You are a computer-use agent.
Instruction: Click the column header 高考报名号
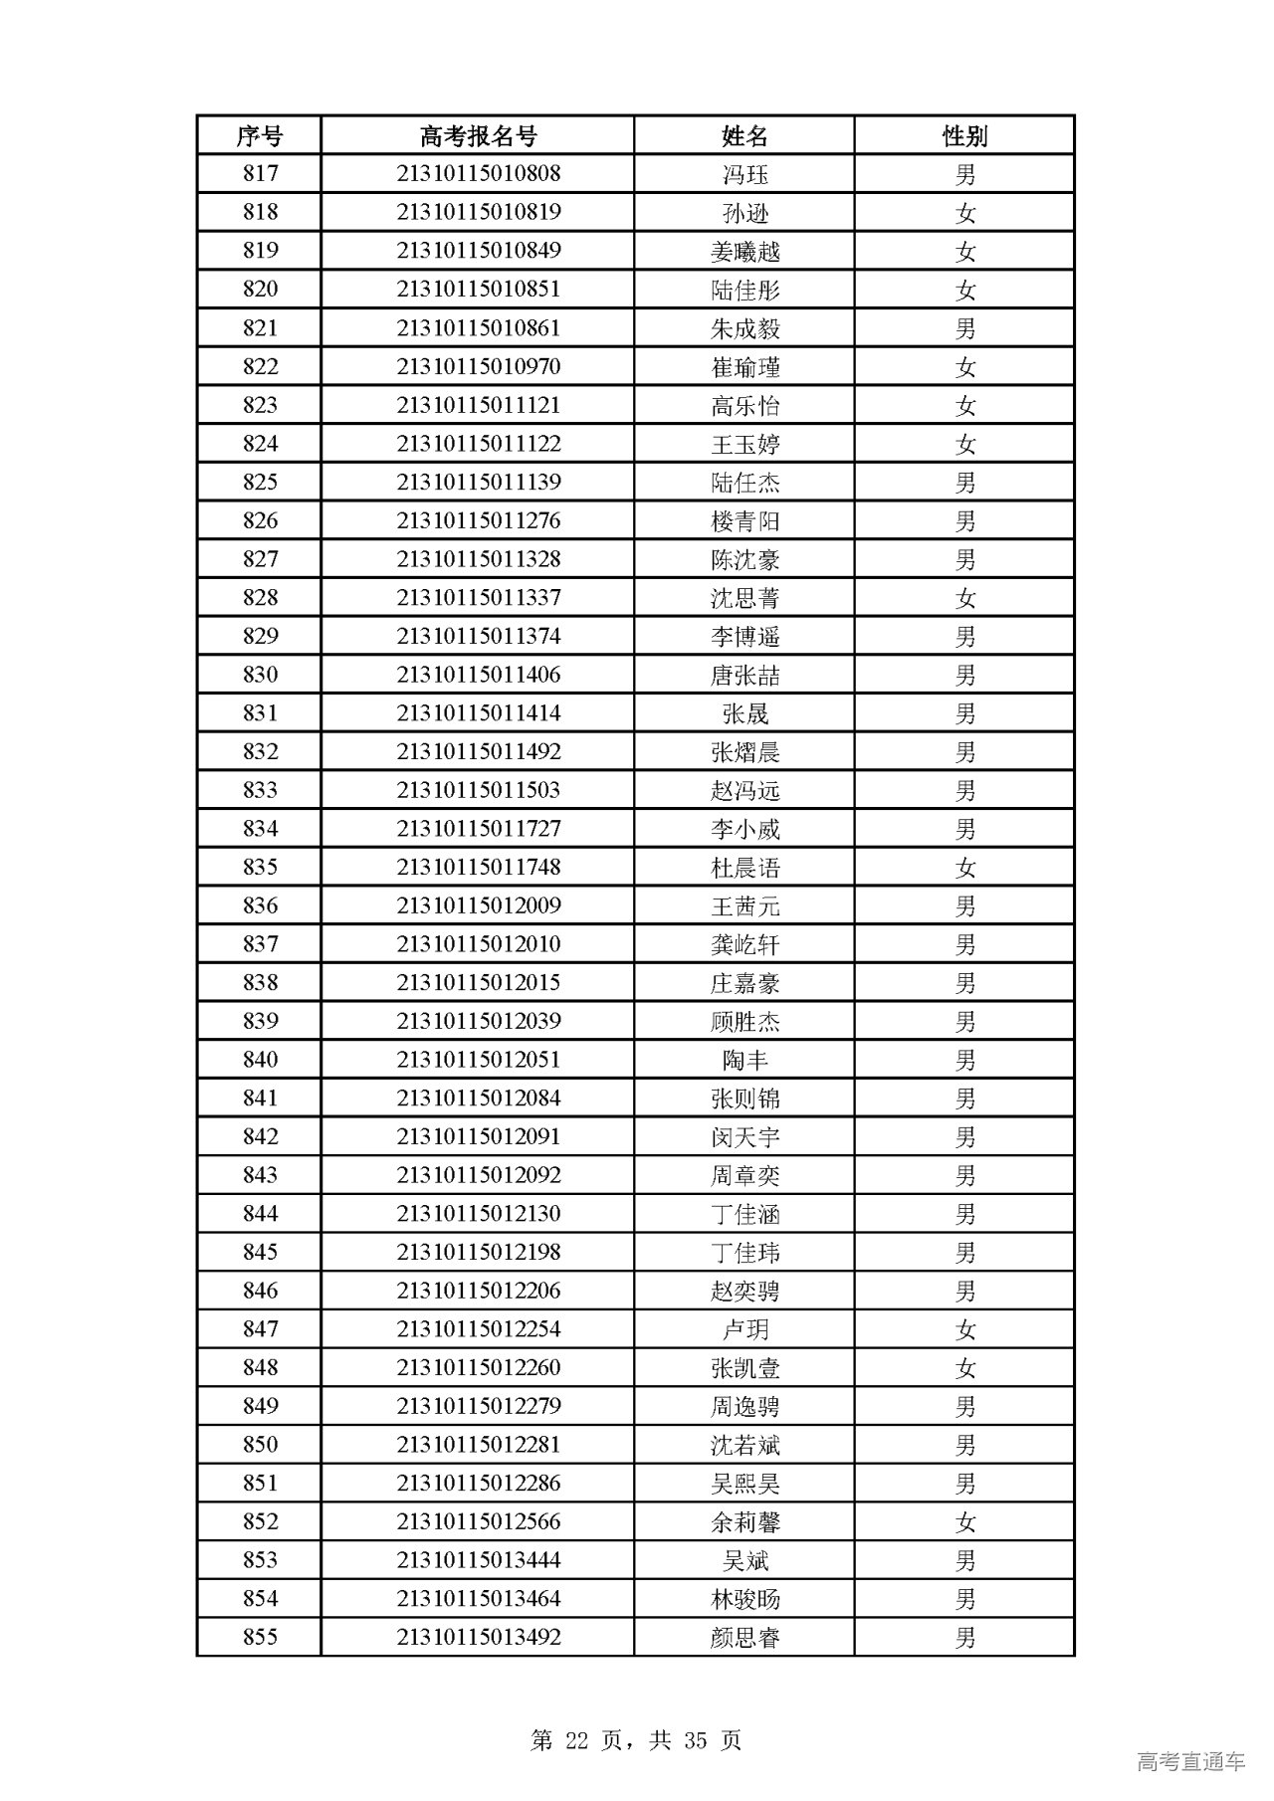tap(478, 135)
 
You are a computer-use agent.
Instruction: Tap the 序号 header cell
tap(259, 135)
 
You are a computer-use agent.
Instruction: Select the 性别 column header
tap(964, 135)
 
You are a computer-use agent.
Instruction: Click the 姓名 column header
tap(744, 135)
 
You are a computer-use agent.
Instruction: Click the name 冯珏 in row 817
tap(744, 175)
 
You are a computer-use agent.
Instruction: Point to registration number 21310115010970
tap(478, 367)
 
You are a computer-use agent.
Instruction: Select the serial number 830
tap(259, 676)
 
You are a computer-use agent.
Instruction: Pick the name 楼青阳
tap(744, 521)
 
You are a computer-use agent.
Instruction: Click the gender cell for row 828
tap(964, 598)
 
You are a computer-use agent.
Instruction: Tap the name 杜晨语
tap(744, 868)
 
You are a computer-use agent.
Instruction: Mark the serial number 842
tap(259, 1137)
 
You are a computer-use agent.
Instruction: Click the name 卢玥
tap(744, 1330)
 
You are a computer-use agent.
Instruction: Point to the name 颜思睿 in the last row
tap(744, 1638)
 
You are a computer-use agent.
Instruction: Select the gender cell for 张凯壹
tap(964, 1368)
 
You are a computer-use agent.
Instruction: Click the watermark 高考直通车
tap(1190, 1762)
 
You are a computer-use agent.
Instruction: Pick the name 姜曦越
tap(744, 252)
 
